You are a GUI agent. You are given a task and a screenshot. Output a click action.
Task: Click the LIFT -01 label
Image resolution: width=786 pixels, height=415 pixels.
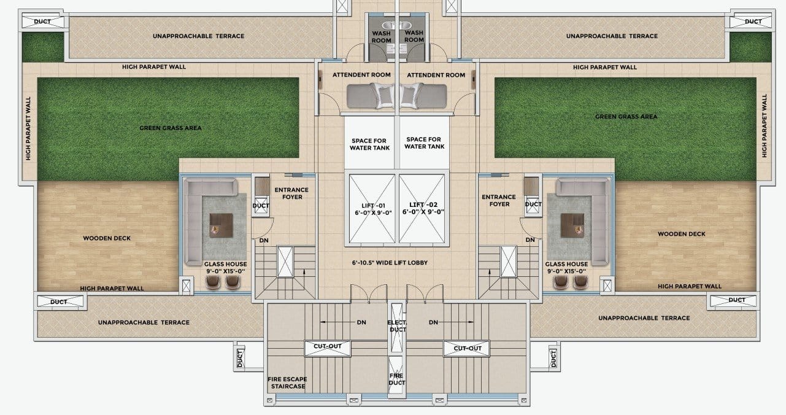click(x=373, y=209)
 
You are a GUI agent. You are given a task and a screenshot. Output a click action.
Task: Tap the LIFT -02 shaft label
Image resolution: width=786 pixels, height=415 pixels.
click(x=423, y=208)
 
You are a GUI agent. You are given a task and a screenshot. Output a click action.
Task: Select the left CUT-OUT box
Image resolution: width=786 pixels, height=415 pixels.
click(x=328, y=348)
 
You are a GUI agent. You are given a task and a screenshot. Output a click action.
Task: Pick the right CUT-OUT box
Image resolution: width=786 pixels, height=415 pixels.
click(x=466, y=348)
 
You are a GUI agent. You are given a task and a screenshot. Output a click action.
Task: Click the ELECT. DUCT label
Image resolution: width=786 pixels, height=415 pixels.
click(x=397, y=326)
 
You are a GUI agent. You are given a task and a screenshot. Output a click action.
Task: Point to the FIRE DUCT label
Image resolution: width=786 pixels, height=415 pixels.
click(x=396, y=379)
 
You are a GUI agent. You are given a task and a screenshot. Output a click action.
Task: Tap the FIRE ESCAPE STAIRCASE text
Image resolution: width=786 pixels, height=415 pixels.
click(x=287, y=382)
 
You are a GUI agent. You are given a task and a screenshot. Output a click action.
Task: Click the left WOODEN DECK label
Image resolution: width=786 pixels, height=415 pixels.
click(x=107, y=238)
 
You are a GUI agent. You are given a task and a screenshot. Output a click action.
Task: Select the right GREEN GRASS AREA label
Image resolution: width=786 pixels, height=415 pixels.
click(x=626, y=117)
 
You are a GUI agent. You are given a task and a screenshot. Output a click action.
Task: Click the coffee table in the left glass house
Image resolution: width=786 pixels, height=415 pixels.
click(x=222, y=225)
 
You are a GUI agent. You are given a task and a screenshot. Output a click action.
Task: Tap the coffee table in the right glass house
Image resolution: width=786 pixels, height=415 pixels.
click(x=572, y=225)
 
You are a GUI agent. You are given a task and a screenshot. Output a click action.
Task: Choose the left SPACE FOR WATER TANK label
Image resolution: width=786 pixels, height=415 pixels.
click(x=369, y=144)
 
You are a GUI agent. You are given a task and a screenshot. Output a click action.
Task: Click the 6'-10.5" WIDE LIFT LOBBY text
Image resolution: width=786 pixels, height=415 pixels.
click(x=390, y=263)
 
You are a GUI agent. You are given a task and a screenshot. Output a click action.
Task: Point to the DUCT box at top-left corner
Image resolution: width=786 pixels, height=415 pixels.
click(x=43, y=21)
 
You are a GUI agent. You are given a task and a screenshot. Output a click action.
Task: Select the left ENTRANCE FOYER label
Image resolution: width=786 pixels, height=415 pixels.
click(x=291, y=193)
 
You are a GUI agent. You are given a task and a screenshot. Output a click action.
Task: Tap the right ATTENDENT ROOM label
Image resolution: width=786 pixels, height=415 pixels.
click(x=436, y=75)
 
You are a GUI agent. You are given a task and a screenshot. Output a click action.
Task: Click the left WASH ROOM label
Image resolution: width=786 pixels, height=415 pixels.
click(x=382, y=37)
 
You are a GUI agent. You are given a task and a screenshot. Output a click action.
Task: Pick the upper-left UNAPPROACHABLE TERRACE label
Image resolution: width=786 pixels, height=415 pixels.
click(x=198, y=36)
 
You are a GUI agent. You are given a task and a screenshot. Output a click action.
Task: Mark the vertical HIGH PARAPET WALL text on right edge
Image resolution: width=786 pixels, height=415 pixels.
click(x=765, y=126)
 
